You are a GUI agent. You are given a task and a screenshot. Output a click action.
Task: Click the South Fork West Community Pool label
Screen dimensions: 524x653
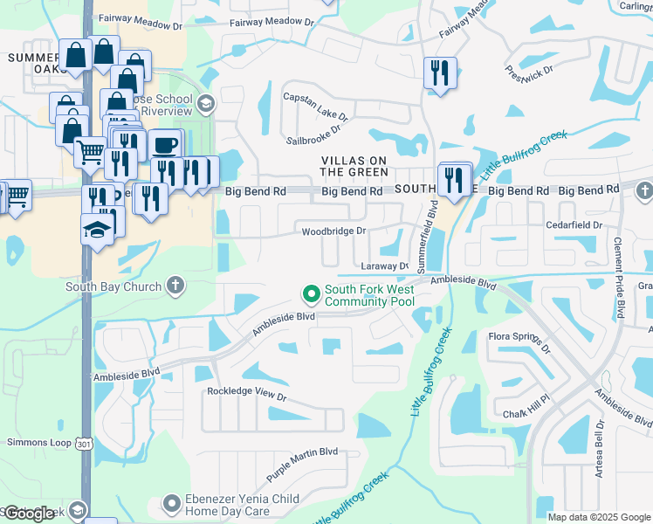pyautogui.click(x=369, y=295)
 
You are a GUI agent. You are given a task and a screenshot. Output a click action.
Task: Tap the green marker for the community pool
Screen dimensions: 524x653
pyautogui.click(x=308, y=293)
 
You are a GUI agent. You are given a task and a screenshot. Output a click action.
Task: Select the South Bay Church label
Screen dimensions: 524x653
pyautogui.click(x=113, y=286)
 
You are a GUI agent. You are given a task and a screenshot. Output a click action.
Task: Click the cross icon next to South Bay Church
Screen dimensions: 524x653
pyautogui.click(x=175, y=286)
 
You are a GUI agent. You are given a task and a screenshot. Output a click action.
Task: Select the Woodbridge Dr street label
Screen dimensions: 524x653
pyautogui.click(x=333, y=231)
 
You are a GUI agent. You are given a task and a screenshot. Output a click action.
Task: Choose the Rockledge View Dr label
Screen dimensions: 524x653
pyautogui.click(x=246, y=394)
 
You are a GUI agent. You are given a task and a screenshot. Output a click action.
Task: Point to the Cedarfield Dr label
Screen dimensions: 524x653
pyautogui.click(x=574, y=225)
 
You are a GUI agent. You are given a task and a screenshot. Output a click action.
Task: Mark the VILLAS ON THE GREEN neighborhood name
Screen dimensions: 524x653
pyautogui.click(x=354, y=166)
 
